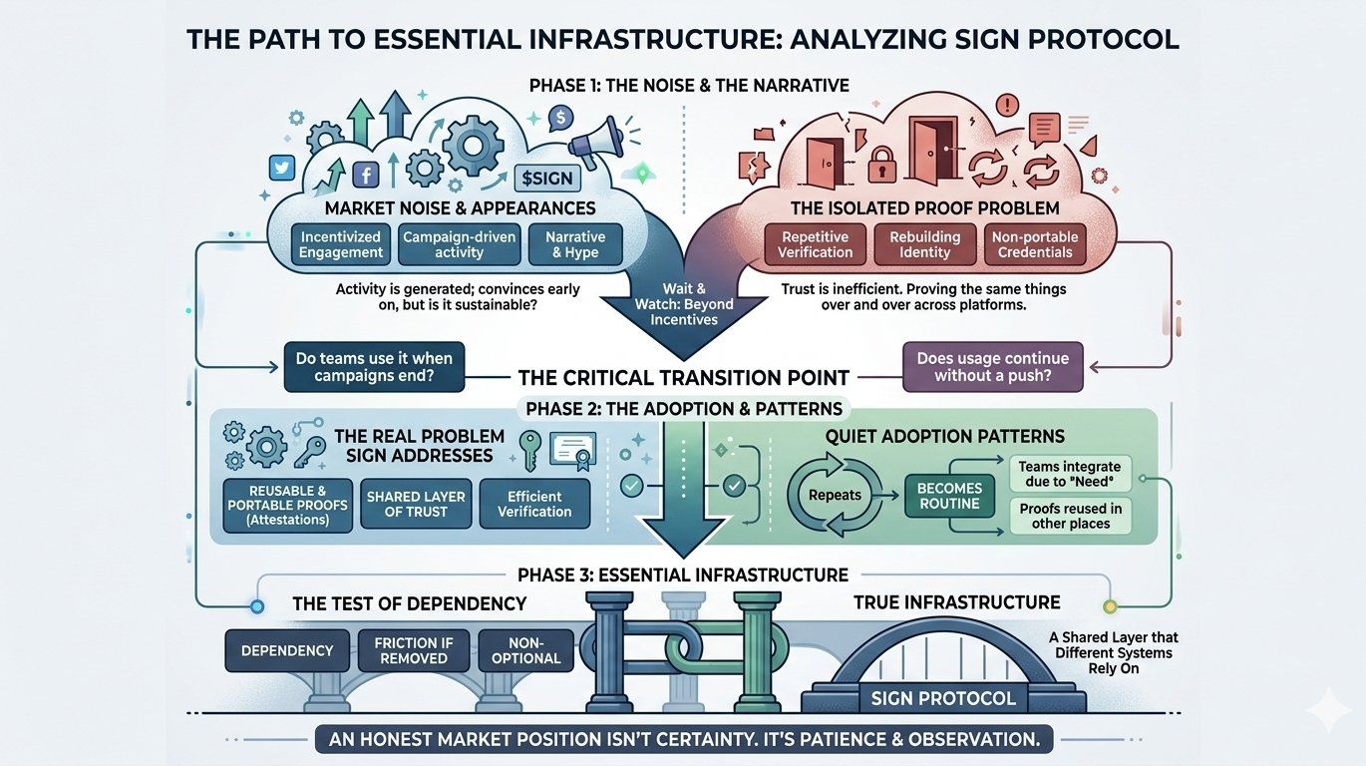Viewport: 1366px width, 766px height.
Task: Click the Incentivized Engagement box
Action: [x=341, y=244]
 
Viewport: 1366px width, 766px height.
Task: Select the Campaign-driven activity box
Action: [x=459, y=244]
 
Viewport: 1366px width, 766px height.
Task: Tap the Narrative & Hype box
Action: [x=575, y=244]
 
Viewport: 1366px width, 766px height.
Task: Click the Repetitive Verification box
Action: [x=815, y=244]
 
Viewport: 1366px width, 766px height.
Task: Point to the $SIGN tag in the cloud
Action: [x=546, y=179]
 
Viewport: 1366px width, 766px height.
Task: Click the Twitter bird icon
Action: [x=282, y=168]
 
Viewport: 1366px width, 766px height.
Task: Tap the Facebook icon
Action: [x=365, y=177]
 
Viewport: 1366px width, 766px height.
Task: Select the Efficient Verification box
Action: [x=534, y=504]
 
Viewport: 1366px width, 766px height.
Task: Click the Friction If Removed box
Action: [x=413, y=650]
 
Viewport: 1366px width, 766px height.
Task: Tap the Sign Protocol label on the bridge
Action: [x=943, y=698]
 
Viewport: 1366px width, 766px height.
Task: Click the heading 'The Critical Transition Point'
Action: [x=683, y=378]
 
